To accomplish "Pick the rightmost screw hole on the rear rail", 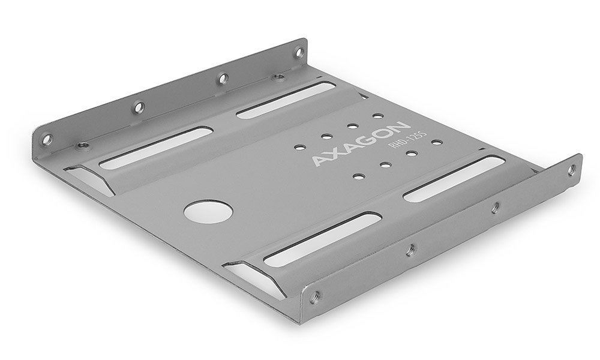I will point(296,50).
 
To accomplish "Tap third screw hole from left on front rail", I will point(495,208).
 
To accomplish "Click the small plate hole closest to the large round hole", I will point(359,176).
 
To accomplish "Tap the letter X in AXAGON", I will point(333,154).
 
